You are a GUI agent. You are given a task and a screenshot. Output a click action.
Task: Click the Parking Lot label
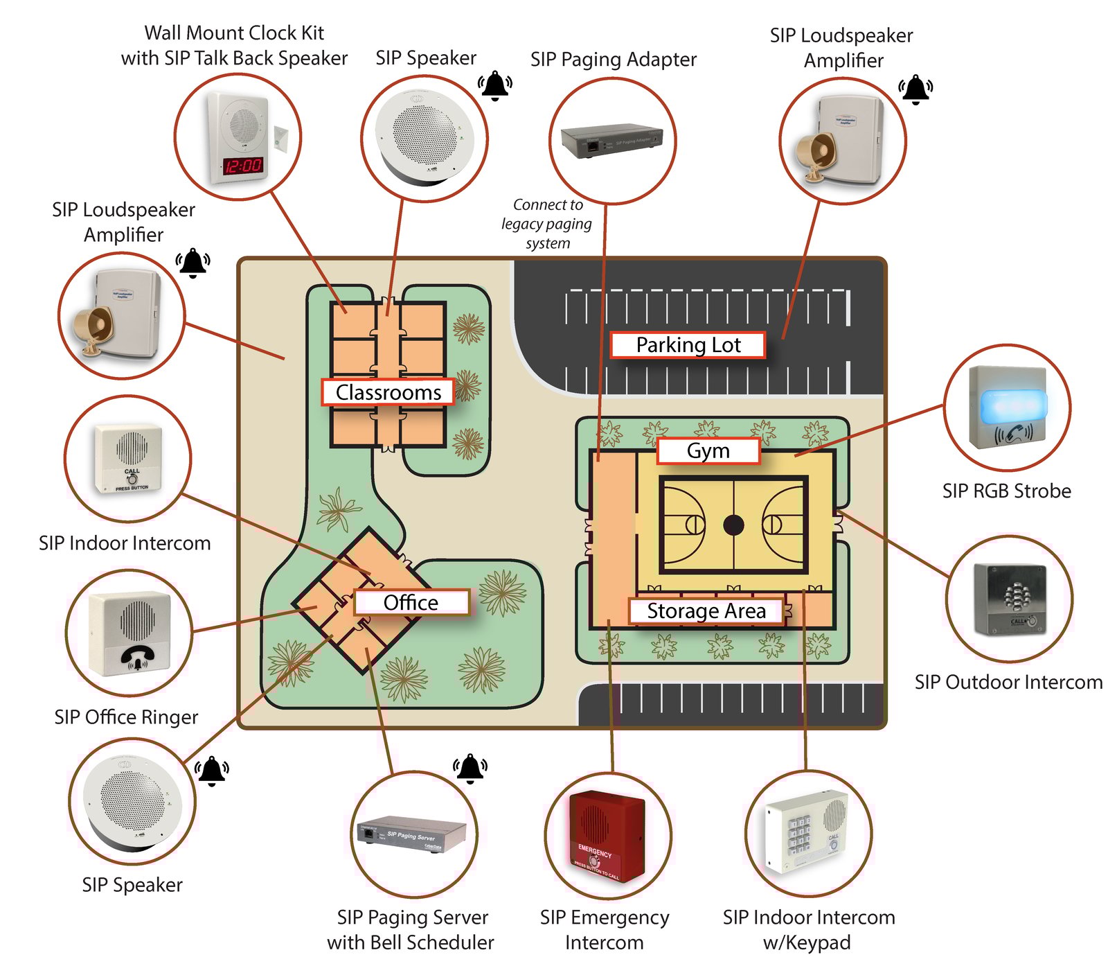[x=688, y=345]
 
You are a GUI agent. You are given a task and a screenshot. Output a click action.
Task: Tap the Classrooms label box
[x=388, y=392]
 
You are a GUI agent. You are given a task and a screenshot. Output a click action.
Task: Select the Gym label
[x=708, y=451]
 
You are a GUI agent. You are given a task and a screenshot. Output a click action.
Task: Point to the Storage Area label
[x=706, y=611]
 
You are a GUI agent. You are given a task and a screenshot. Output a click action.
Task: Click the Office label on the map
[x=411, y=602]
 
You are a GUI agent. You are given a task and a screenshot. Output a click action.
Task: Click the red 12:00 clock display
[x=243, y=166]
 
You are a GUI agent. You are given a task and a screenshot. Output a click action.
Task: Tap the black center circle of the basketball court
[x=733, y=525]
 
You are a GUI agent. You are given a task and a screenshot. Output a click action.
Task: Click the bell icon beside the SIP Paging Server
[x=470, y=769]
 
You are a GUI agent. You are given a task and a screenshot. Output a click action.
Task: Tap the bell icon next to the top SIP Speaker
[x=495, y=85]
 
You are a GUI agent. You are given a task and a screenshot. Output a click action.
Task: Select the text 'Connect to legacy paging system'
[x=547, y=224]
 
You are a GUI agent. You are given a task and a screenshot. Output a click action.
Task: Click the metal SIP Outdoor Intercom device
[x=1010, y=599]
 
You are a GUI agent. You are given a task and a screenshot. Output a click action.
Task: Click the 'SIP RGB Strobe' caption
[x=1006, y=491]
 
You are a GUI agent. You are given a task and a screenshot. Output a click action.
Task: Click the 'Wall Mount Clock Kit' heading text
[x=234, y=33]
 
